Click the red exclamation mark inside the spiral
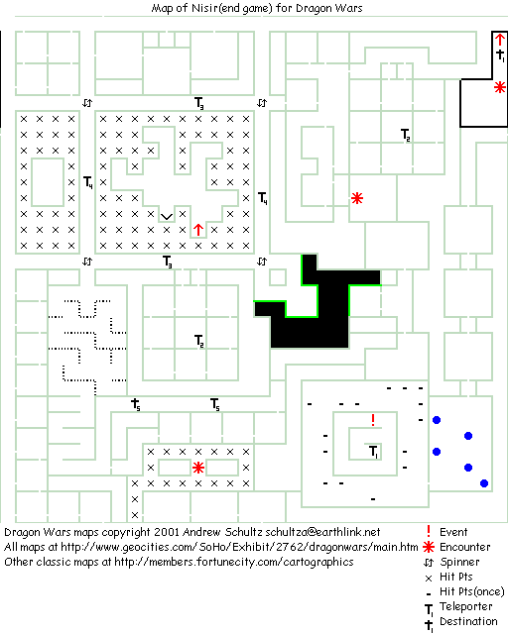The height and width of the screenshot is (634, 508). [x=373, y=420]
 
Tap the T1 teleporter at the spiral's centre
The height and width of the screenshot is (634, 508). [x=374, y=452]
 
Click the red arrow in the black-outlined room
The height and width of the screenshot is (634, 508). [x=500, y=40]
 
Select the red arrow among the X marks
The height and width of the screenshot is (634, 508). [x=198, y=230]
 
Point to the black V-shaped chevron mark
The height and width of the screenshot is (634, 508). [x=167, y=217]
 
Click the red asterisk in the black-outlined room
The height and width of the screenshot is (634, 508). [x=500, y=87]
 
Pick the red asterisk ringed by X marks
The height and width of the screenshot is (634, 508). [x=198, y=468]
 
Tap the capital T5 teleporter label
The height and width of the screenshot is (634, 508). [x=215, y=404]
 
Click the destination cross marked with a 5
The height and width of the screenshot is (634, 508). [x=136, y=404]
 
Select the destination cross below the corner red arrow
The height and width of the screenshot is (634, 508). [x=501, y=55]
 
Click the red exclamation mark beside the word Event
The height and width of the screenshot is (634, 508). [x=429, y=532]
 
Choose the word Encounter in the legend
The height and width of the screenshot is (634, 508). [x=465, y=547]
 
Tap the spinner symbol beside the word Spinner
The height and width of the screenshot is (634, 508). [x=429, y=562]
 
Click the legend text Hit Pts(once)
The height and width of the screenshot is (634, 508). [x=472, y=591]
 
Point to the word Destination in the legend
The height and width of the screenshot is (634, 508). [x=468, y=621]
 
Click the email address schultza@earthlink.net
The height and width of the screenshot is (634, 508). [x=322, y=532]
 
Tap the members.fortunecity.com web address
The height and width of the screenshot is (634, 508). [x=234, y=562]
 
